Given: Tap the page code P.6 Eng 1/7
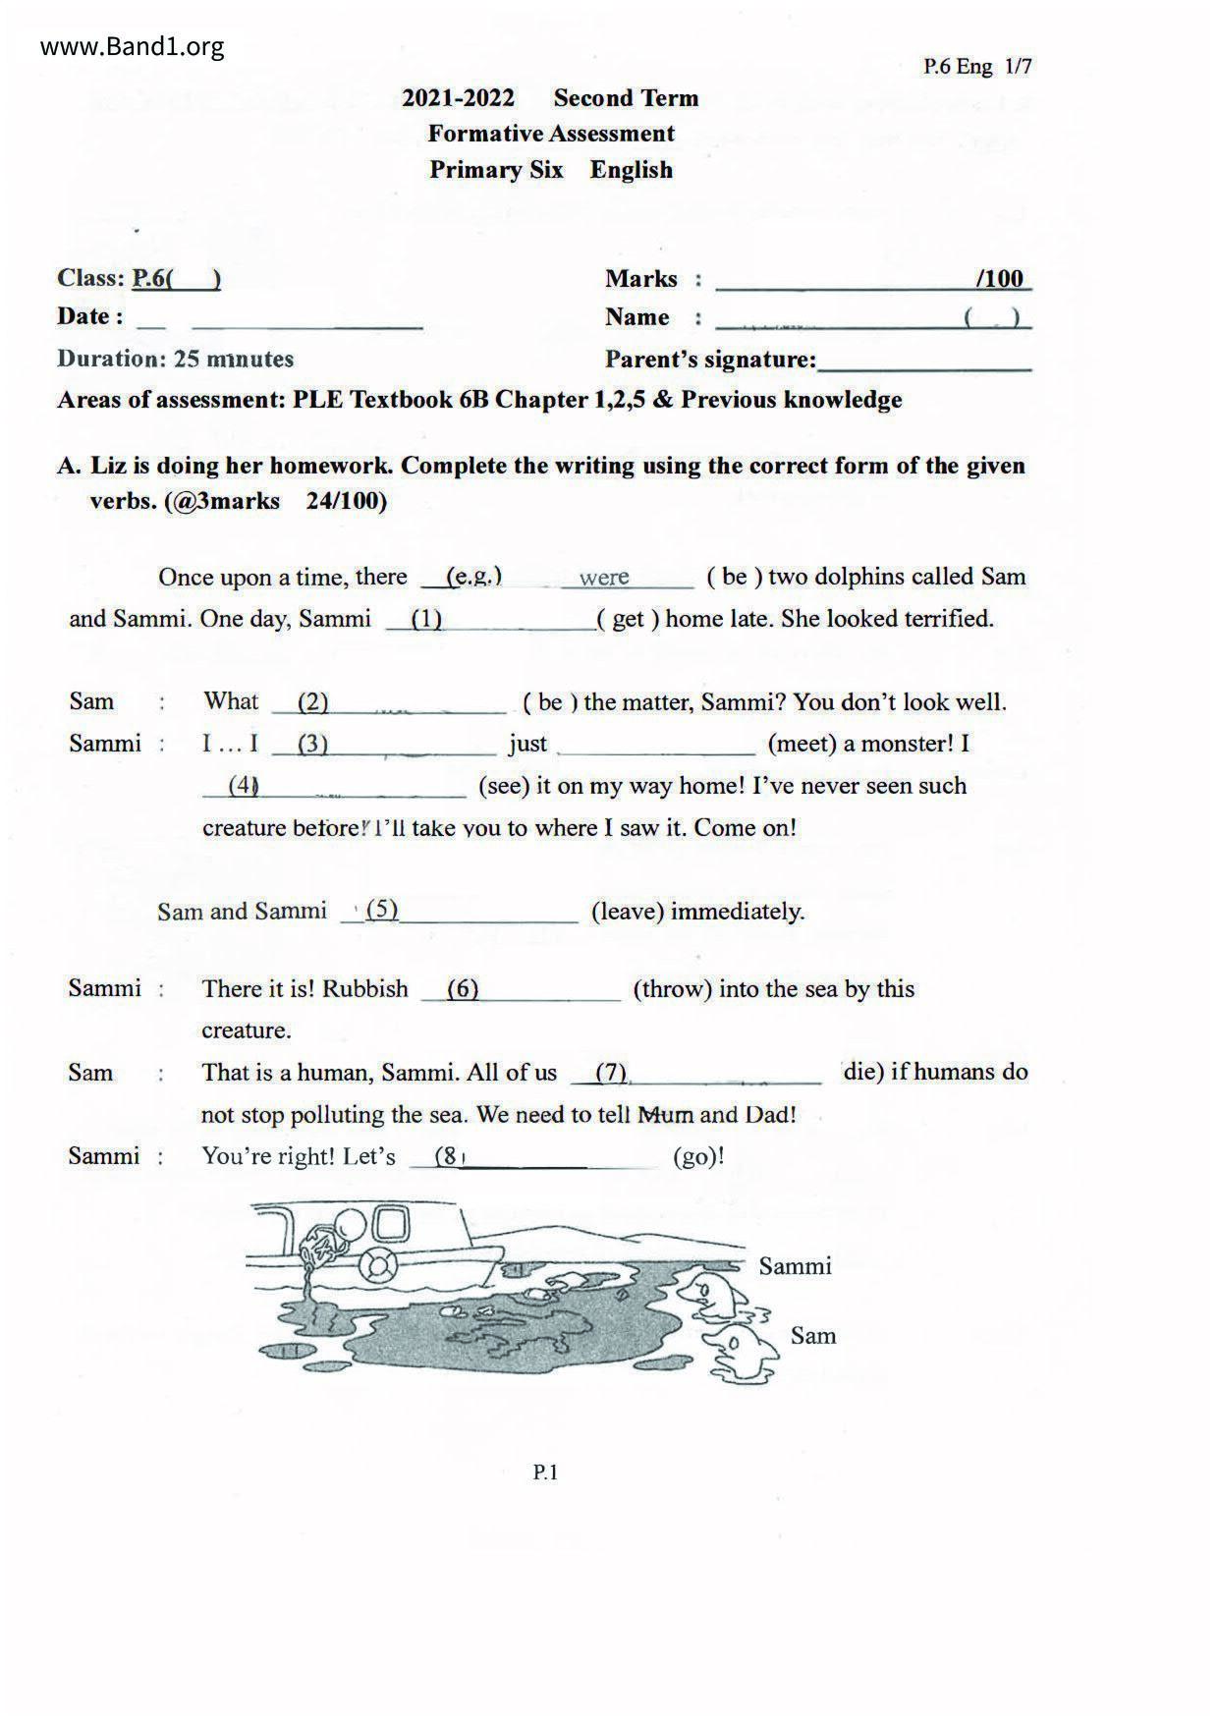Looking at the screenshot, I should coord(976,67).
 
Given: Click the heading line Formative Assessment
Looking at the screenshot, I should coord(551,134).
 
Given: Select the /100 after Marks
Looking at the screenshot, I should coord(1000,279).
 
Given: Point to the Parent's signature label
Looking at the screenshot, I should coord(710,360).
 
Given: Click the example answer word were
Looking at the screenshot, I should coord(603,578).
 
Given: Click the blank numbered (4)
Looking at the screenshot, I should coord(334,786).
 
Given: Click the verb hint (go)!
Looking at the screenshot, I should coord(698,1156).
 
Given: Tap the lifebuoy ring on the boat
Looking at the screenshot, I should coord(376,1263).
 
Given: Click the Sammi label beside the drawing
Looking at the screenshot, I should coord(795,1266).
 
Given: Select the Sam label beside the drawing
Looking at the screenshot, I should coord(813,1336).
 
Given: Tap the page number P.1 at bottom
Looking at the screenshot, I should coord(545,1472).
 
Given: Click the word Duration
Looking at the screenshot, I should coord(111,359).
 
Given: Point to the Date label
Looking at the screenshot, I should coord(89,316).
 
